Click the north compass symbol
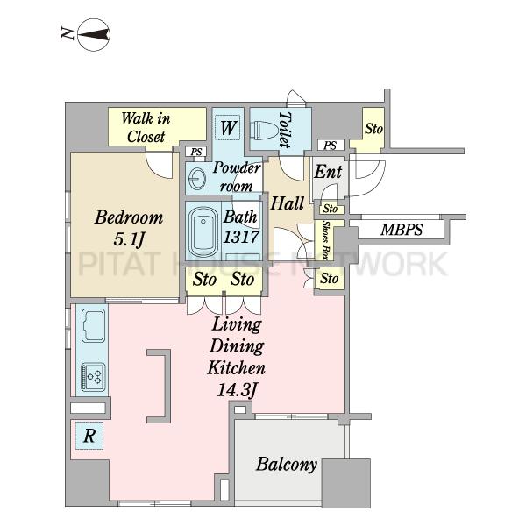pos(94,34)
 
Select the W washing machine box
pos(228,127)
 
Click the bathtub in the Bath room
pos(203,231)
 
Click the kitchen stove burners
pos(93,377)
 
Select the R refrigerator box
pos(89,436)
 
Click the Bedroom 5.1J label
pos(129,228)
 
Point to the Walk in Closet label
pos(146,127)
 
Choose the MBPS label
pos(402,230)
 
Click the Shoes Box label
pos(324,240)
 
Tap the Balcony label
pos(287,465)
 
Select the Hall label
pos(288,203)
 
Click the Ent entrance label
pos(328,172)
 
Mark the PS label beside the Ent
pos(331,146)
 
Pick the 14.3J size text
pos(237,390)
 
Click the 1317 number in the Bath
pos(241,237)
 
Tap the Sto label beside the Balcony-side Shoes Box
pos(329,279)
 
